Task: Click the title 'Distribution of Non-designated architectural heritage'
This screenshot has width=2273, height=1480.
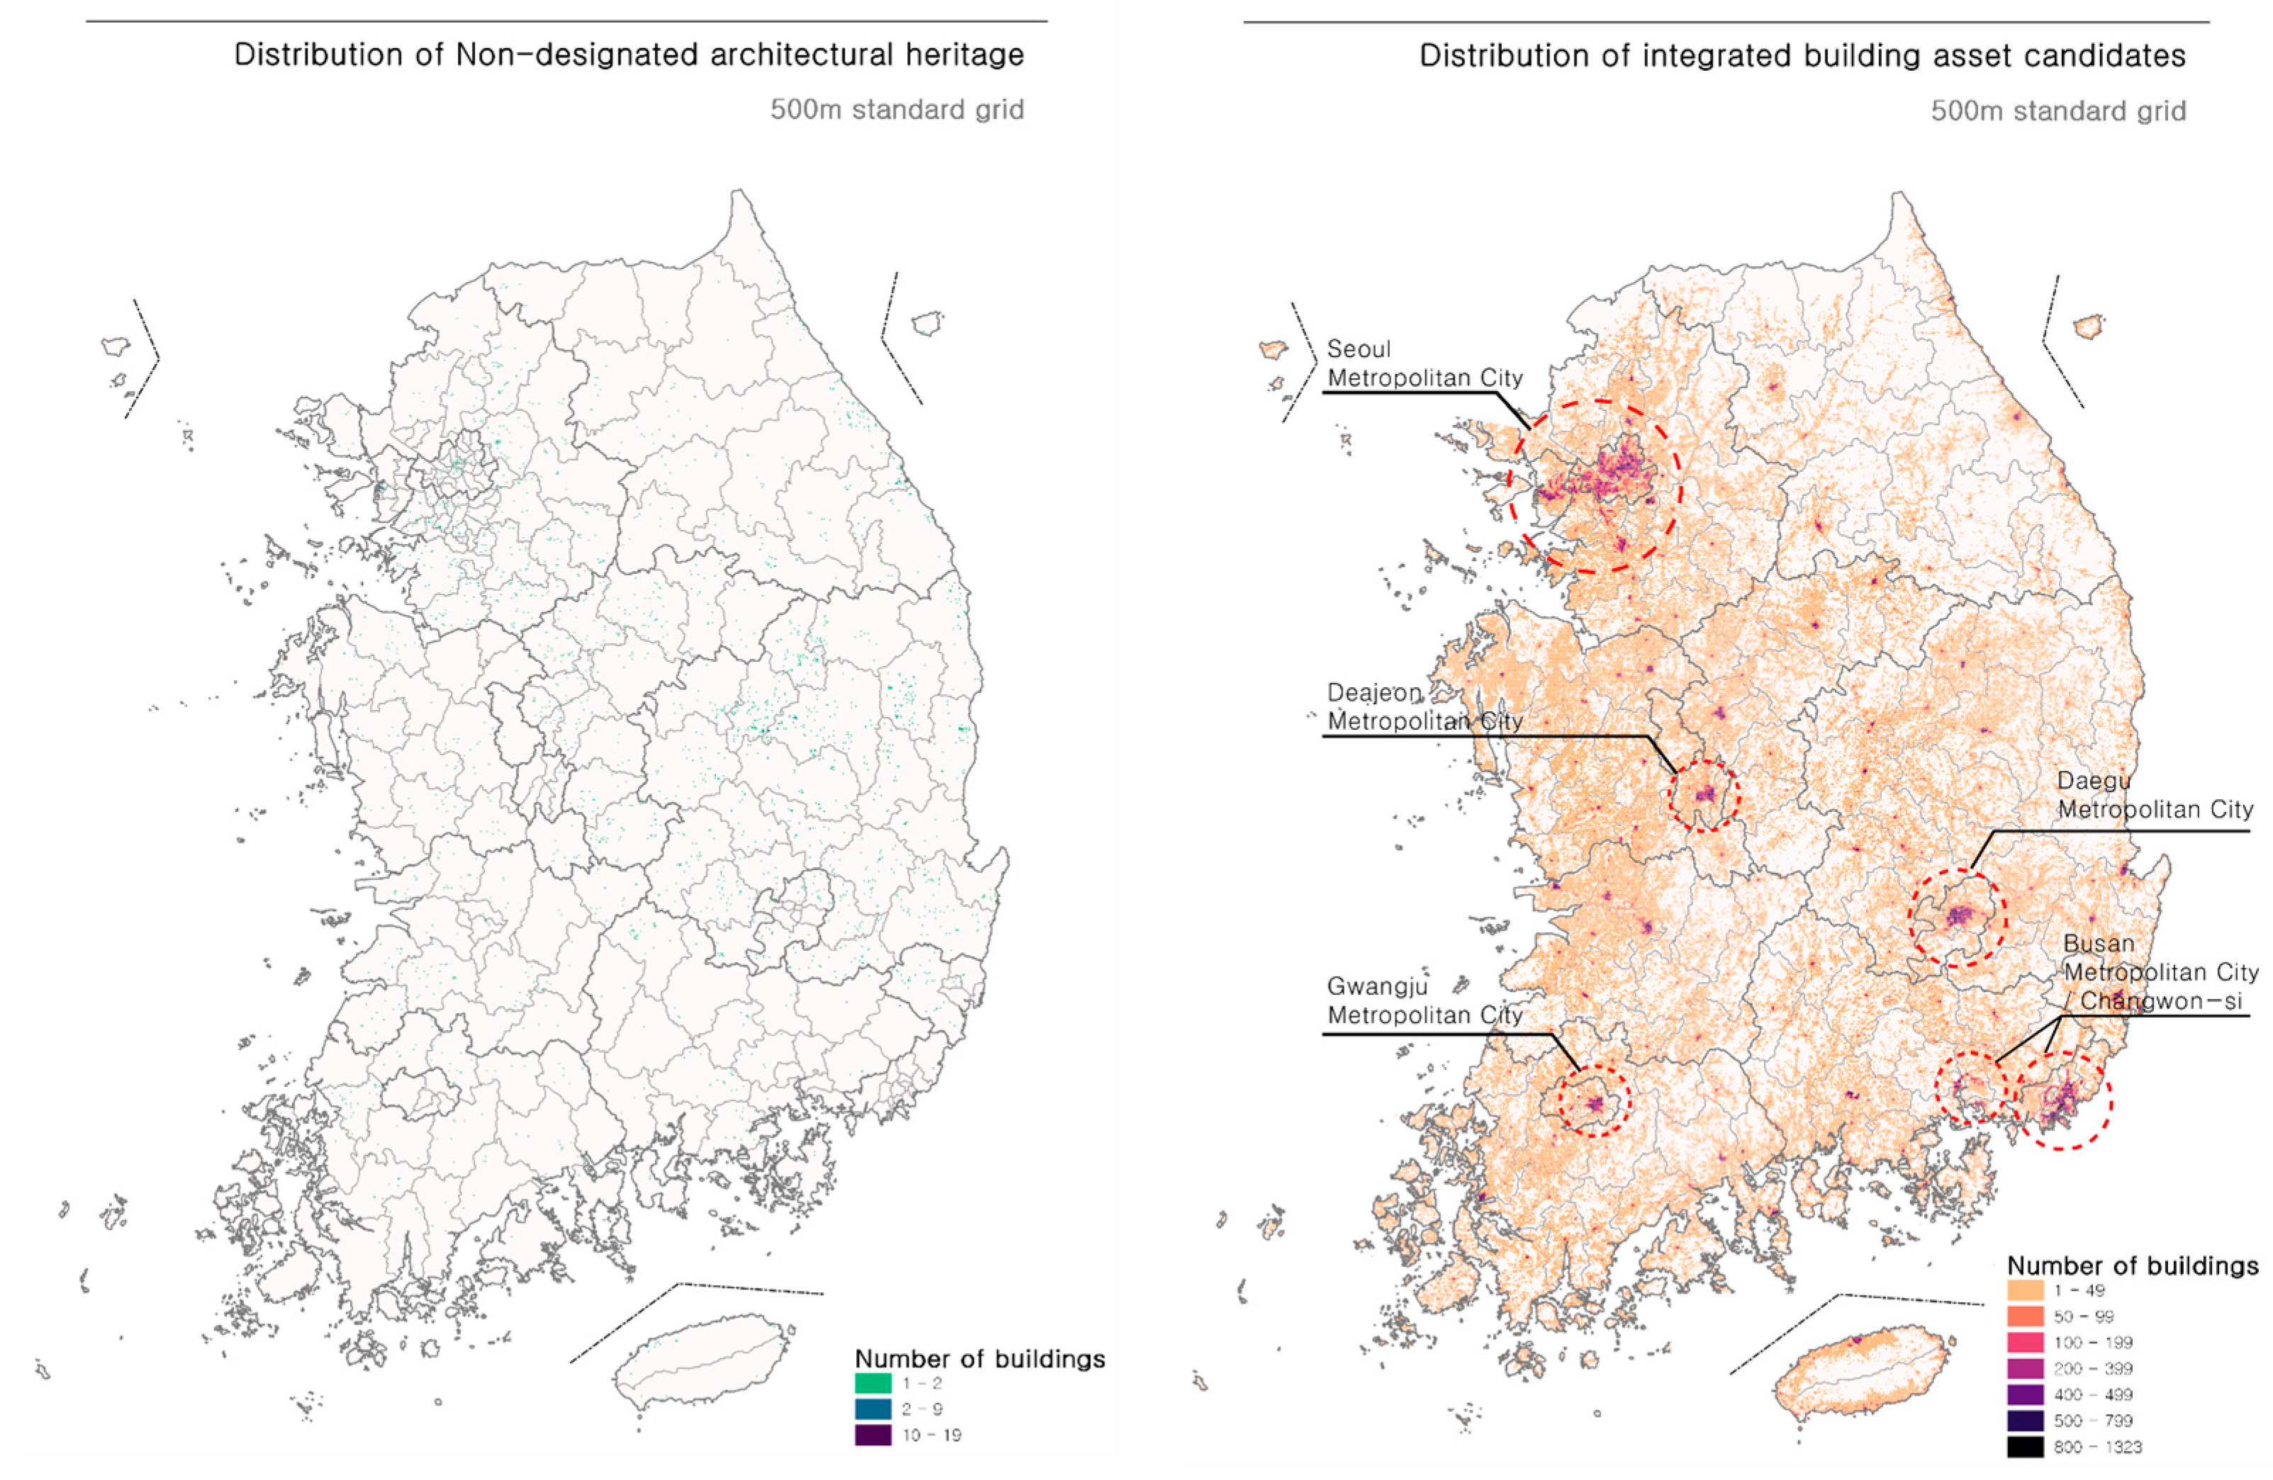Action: [x=629, y=55]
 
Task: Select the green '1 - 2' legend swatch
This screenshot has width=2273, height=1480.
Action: [x=873, y=1383]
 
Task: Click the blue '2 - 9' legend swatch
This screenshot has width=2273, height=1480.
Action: [x=873, y=1408]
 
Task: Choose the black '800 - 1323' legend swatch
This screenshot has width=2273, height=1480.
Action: [x=2025, y=1447]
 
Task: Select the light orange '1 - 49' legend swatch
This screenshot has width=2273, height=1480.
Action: [x=2025, y=1290]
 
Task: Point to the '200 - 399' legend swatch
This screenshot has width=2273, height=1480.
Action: [x=2025, y=1368]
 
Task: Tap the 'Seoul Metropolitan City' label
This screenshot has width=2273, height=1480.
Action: [x=1424, y=363]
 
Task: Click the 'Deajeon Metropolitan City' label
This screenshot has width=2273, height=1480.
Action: [x=1424, y=706]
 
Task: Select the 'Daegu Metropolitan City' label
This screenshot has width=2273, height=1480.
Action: [x=2155, y=796]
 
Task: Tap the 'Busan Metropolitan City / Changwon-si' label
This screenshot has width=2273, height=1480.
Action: [x=2160, y=973]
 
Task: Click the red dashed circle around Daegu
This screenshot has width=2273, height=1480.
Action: [x=1957, y=917]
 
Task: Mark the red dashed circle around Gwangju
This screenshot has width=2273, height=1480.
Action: [x=1594, y=1100]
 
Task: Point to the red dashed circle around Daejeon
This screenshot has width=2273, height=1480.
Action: [x=1705, y=796]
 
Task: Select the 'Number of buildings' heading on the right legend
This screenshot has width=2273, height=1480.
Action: [x=2132, y=1265]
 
